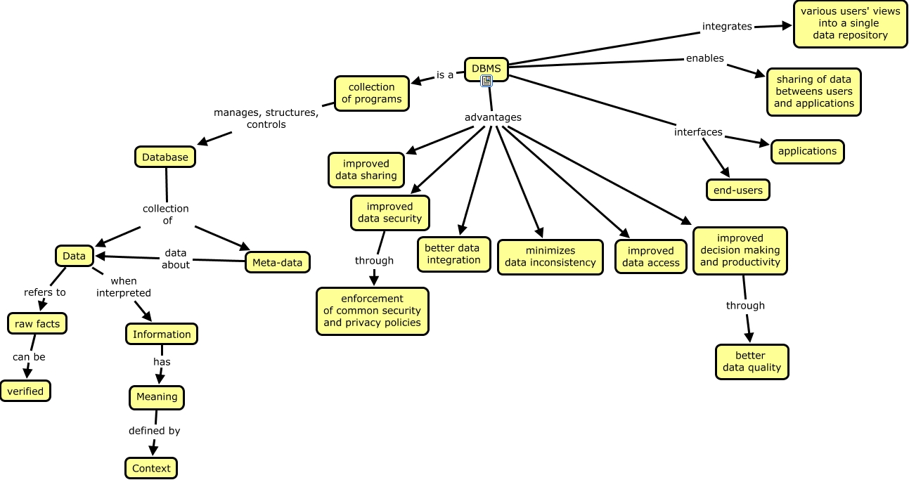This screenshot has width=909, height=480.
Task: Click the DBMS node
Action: click(x=486, y=68)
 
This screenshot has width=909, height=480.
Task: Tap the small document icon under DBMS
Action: click(x=486, y=82)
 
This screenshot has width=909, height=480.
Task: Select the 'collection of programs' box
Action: click(x=372, y=93)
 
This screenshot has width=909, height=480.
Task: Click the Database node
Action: click(x=165, y=157)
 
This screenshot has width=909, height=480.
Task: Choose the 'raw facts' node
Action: click(x=37, y=323)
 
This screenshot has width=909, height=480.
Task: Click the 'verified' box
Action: click(x=25, y=391)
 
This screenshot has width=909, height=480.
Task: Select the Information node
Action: click(x=162, y=334)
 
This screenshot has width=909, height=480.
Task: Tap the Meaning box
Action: click(x=157, y=397)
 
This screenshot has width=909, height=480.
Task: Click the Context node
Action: click(x=151, y=468)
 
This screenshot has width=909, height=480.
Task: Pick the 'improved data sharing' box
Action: click(x=366, y=170)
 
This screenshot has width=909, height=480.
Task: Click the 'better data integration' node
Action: click(x=453, y=254)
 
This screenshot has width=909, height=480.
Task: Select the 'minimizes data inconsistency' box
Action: click(x=550, y=257)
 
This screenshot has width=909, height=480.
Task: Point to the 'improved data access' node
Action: click(x=651, y=257)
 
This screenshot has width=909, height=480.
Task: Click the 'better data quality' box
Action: click(x=752, y=361)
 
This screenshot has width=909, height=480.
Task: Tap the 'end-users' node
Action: click(x=737, y=190)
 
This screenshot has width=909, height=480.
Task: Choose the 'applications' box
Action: click(x=807, y=151)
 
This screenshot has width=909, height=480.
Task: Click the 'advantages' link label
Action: click(x=493, y=117)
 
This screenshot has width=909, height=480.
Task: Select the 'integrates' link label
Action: click(x=727, y=27)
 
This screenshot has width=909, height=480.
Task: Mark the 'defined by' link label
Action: click(x=154, y=431)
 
